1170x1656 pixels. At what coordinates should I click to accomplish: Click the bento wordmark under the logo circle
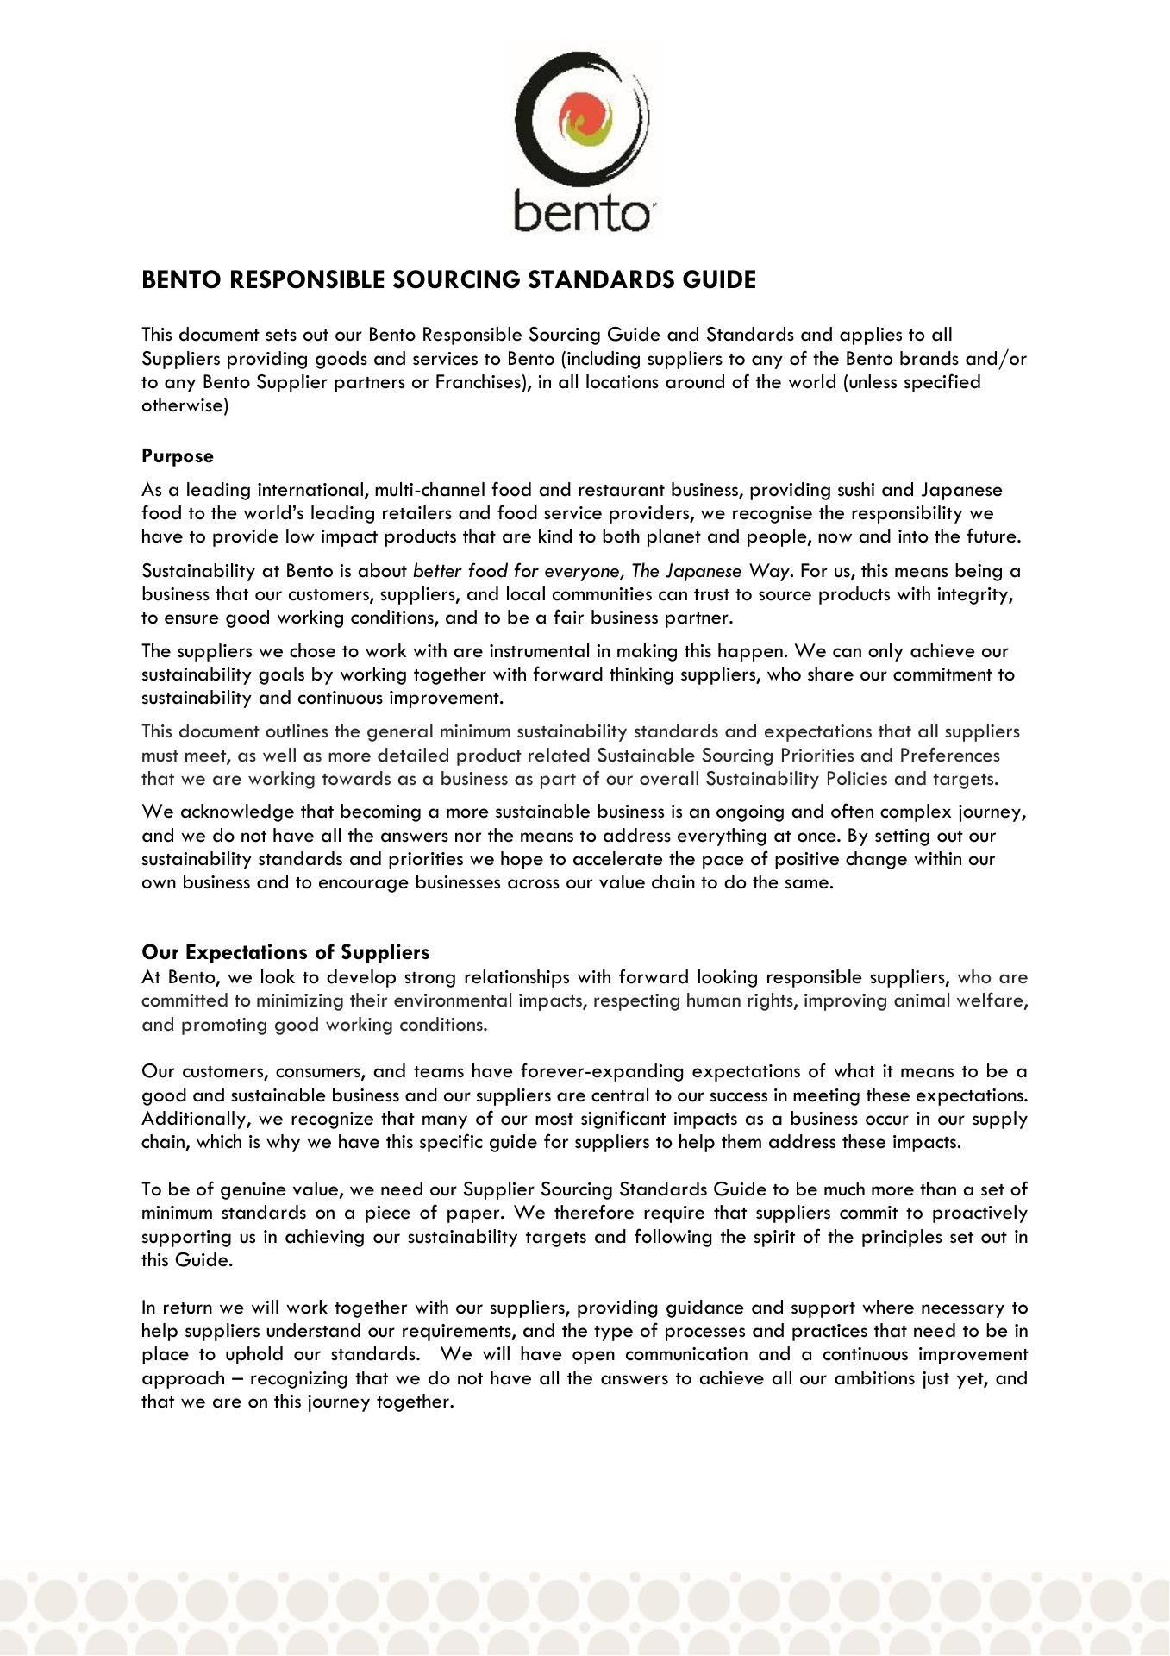click(x=582, y=211)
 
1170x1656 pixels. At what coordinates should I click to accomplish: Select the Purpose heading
click(x=178, y=456)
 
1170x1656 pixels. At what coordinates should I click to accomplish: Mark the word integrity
click(x=973, y=594)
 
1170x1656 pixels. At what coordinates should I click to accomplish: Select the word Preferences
click(x=949, y=756)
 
